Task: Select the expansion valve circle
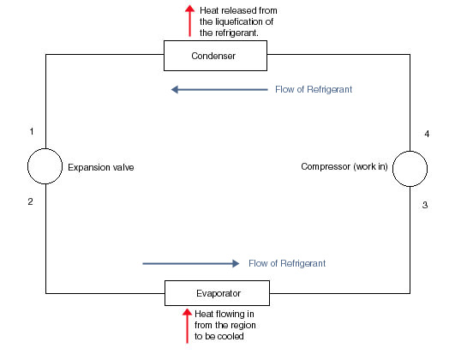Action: pos(45,167)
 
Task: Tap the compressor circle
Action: pos(410,167)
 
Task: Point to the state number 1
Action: pos(31,131)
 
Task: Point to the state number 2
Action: pos(31,202)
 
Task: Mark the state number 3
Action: pos(425,206)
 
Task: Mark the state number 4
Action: pos(425,135)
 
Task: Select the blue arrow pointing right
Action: pos(187,263)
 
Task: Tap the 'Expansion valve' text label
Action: pos(101,168)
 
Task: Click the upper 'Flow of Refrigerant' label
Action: pos(313,89)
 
